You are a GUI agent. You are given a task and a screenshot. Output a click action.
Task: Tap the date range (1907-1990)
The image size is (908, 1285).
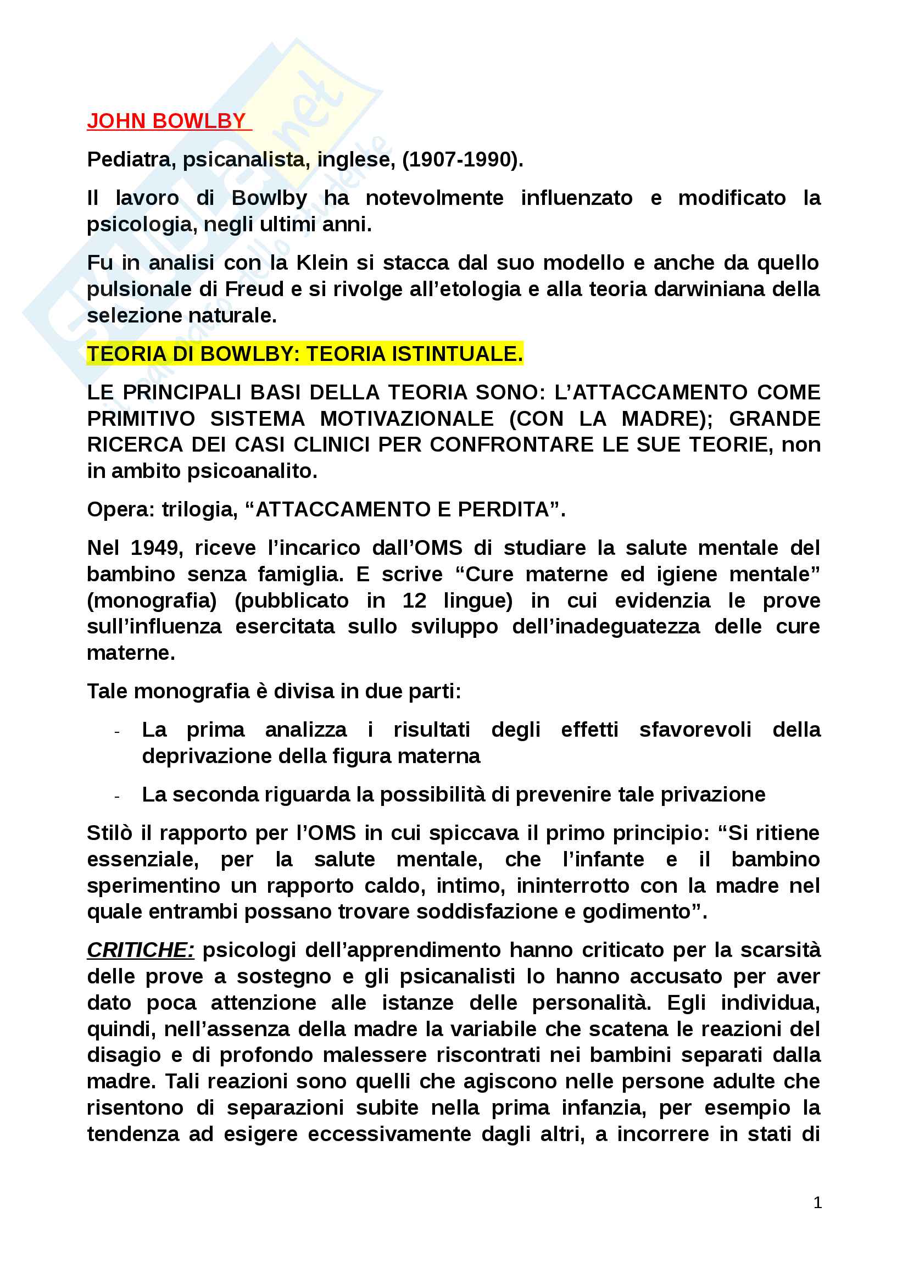[x=462, y=159]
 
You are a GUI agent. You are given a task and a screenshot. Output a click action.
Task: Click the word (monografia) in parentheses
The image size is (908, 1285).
[x=152, y=600]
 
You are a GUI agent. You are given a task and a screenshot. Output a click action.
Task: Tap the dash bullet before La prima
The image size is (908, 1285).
[x=117, y=731]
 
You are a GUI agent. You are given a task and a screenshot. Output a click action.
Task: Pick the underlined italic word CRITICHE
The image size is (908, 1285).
[x=141, y=950]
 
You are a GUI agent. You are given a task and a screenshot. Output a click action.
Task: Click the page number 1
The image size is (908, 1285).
[x=817, y=1202]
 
